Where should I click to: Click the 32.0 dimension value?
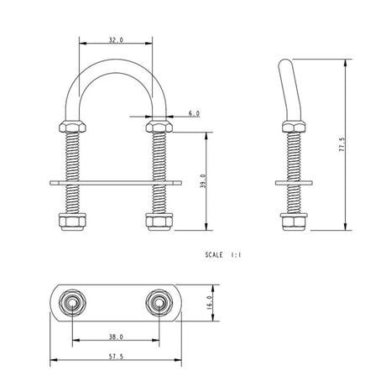tap(116, 39)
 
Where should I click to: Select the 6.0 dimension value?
tap(194, 112)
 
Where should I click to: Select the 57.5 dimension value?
tap(116, 356)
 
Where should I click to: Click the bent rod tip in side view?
tap(284, 65)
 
